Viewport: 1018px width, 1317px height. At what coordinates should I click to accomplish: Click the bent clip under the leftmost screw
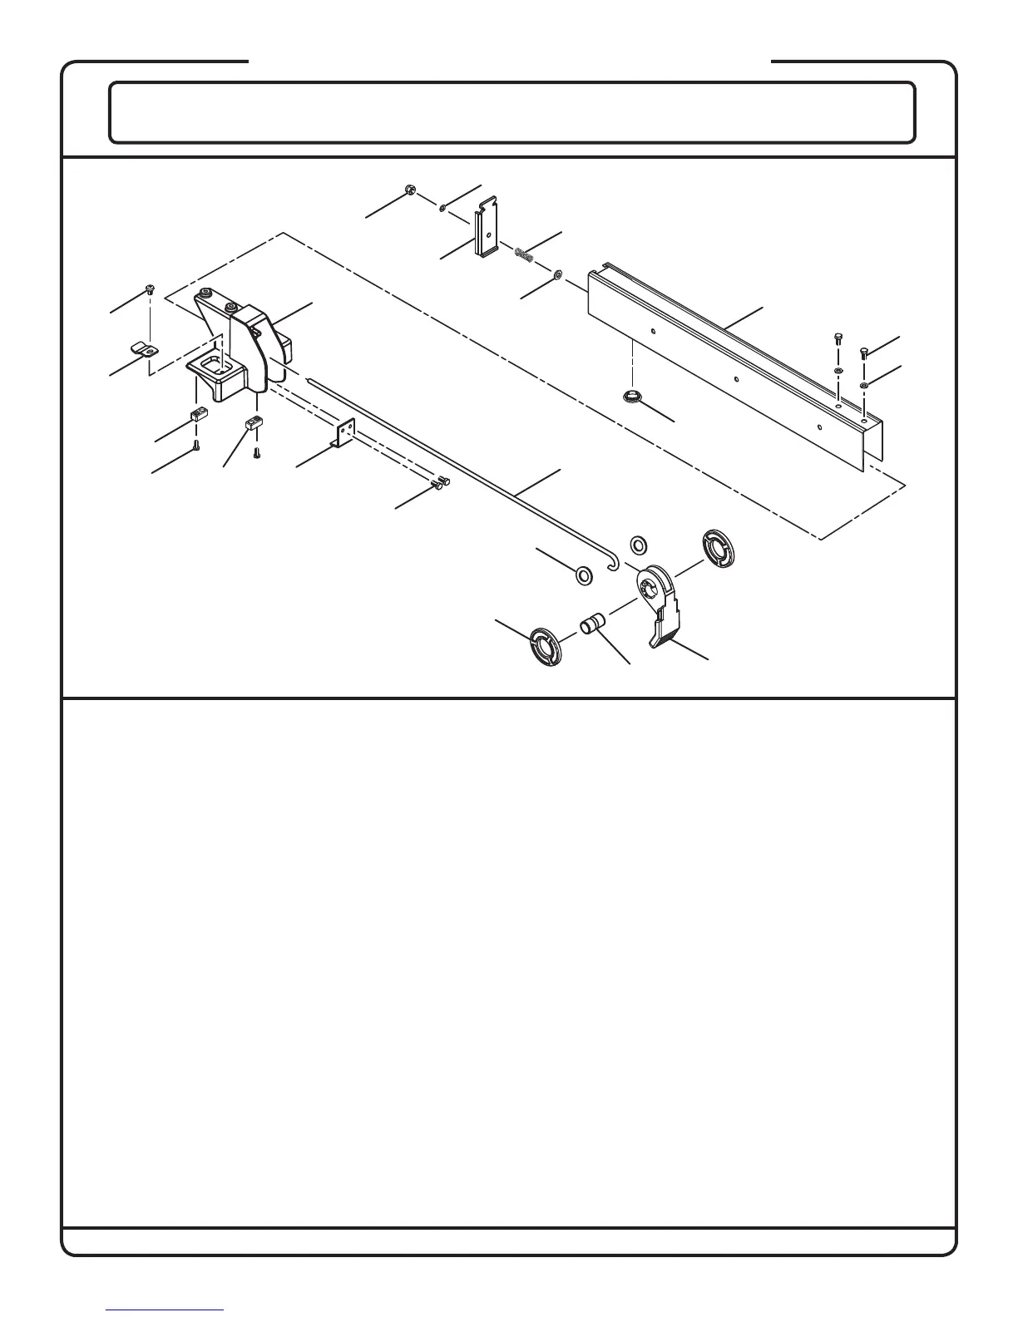(143, 348)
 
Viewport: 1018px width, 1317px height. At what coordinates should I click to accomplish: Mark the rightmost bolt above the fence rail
(864, 353)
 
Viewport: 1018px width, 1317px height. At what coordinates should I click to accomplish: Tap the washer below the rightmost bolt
(865, 385)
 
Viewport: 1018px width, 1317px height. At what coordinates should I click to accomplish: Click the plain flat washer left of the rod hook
(584, 575)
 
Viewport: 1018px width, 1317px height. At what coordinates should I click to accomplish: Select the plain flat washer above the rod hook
(638, 545)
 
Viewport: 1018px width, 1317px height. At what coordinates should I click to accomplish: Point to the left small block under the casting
(199, 415)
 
